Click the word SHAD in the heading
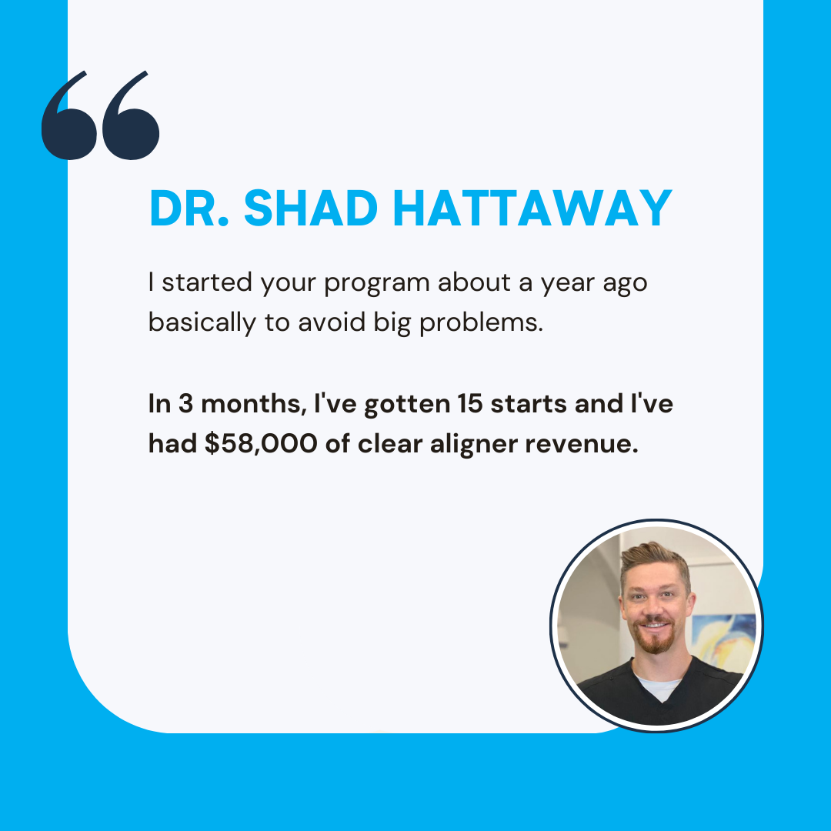(311, 208)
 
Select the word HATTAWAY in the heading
(532, 208)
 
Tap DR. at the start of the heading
(189, 208)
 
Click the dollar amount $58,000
(261, 444)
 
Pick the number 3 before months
(185, 404)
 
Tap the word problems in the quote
(481, 322)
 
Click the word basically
(202, 322)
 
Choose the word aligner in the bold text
(474, 444)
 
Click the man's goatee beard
(655, 639)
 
